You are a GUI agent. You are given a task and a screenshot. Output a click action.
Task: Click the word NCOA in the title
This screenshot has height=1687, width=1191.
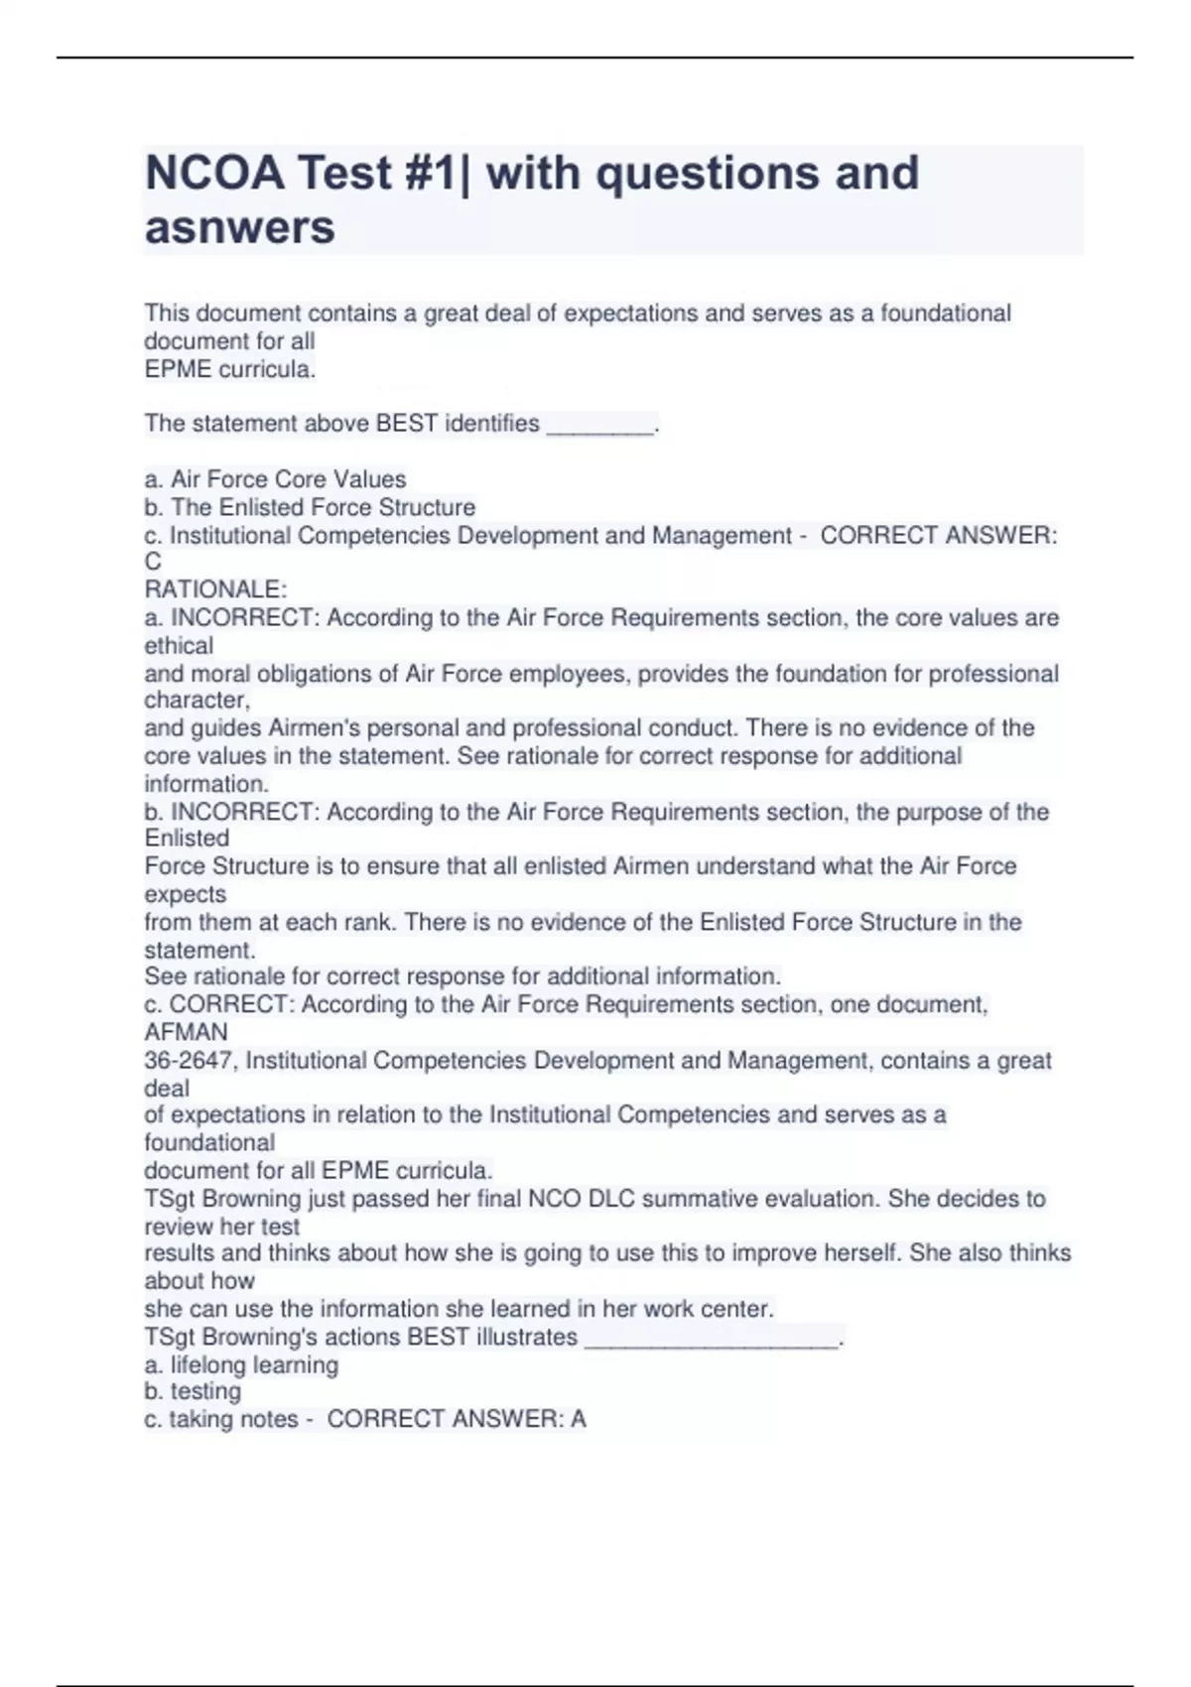212,174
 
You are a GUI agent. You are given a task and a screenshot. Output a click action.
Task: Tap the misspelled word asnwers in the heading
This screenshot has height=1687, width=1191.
240,228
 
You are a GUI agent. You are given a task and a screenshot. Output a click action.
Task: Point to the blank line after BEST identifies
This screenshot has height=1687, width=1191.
600,425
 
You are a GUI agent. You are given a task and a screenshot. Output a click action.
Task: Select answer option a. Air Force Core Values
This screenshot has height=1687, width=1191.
276,479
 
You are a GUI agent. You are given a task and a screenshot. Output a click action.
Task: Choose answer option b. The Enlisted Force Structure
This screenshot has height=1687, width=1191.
310,507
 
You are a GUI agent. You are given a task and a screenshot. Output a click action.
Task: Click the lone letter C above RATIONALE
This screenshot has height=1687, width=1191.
153,562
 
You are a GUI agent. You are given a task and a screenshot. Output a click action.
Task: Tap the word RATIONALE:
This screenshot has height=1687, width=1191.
215,589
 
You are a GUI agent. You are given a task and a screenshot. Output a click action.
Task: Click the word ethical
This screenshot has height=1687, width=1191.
179,645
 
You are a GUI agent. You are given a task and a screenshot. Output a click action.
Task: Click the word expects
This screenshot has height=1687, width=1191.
186,894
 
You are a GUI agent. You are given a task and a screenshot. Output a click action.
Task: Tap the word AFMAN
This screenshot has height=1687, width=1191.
186,1032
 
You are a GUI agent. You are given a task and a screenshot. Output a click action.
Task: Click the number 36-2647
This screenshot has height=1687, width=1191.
189,1061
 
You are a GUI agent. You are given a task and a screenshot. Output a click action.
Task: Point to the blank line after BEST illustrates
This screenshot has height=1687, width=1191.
712,1338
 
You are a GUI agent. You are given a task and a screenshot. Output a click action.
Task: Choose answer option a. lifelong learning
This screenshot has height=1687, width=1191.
241,1365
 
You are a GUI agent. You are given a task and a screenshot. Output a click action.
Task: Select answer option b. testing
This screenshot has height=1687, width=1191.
194,1391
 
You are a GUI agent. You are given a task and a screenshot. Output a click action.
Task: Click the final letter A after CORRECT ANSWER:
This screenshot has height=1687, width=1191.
578,1420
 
